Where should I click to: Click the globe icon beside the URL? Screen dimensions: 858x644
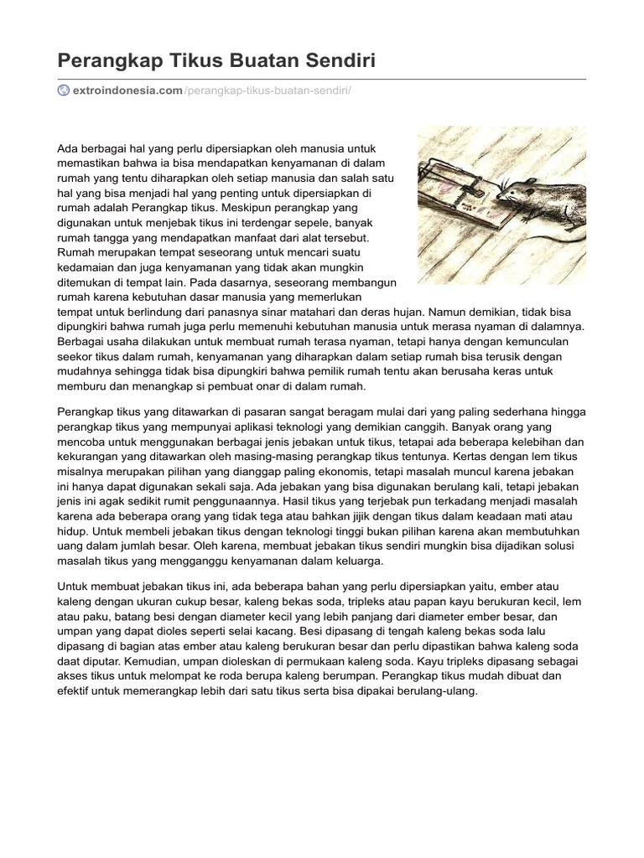coord(63,90)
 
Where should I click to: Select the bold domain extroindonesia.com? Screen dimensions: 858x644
coord(127,90)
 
